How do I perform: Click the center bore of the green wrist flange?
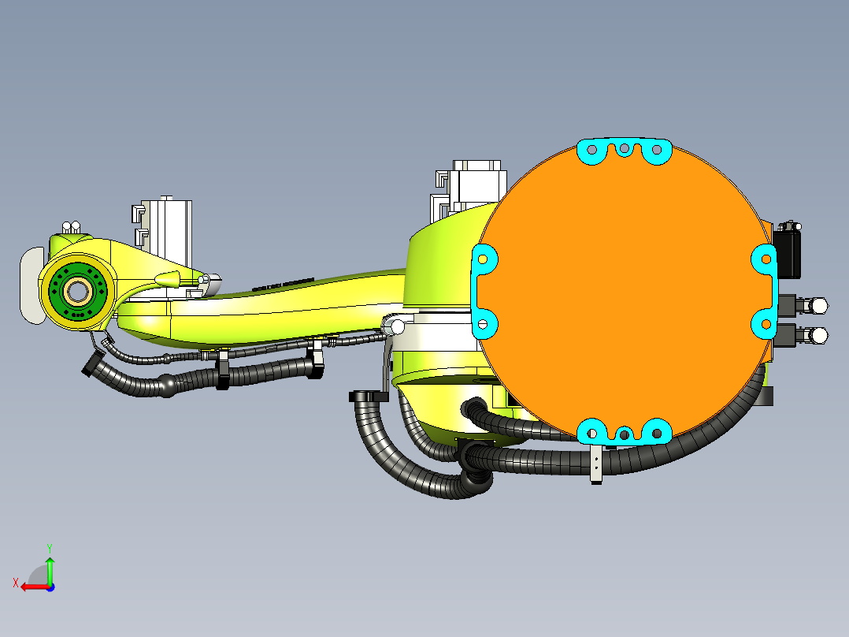click(x=77, y=292)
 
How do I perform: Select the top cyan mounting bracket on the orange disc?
click(x=624, y=151)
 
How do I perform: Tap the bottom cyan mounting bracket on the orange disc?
click(x=624, y=432)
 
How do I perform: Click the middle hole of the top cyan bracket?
click(x=624, y=147)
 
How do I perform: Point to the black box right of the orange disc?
click(x=788, y=251)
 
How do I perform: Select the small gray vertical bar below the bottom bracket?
click(x=596, y=464)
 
